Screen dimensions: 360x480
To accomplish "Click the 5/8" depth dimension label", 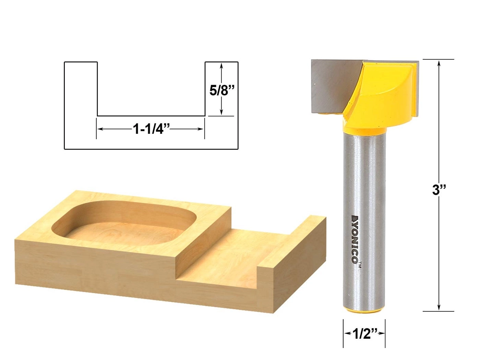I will click(x=221, y=91).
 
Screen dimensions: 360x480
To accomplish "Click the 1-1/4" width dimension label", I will click(x=151, y=129).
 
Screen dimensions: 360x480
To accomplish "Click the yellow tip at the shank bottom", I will click(x=364, y=310).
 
